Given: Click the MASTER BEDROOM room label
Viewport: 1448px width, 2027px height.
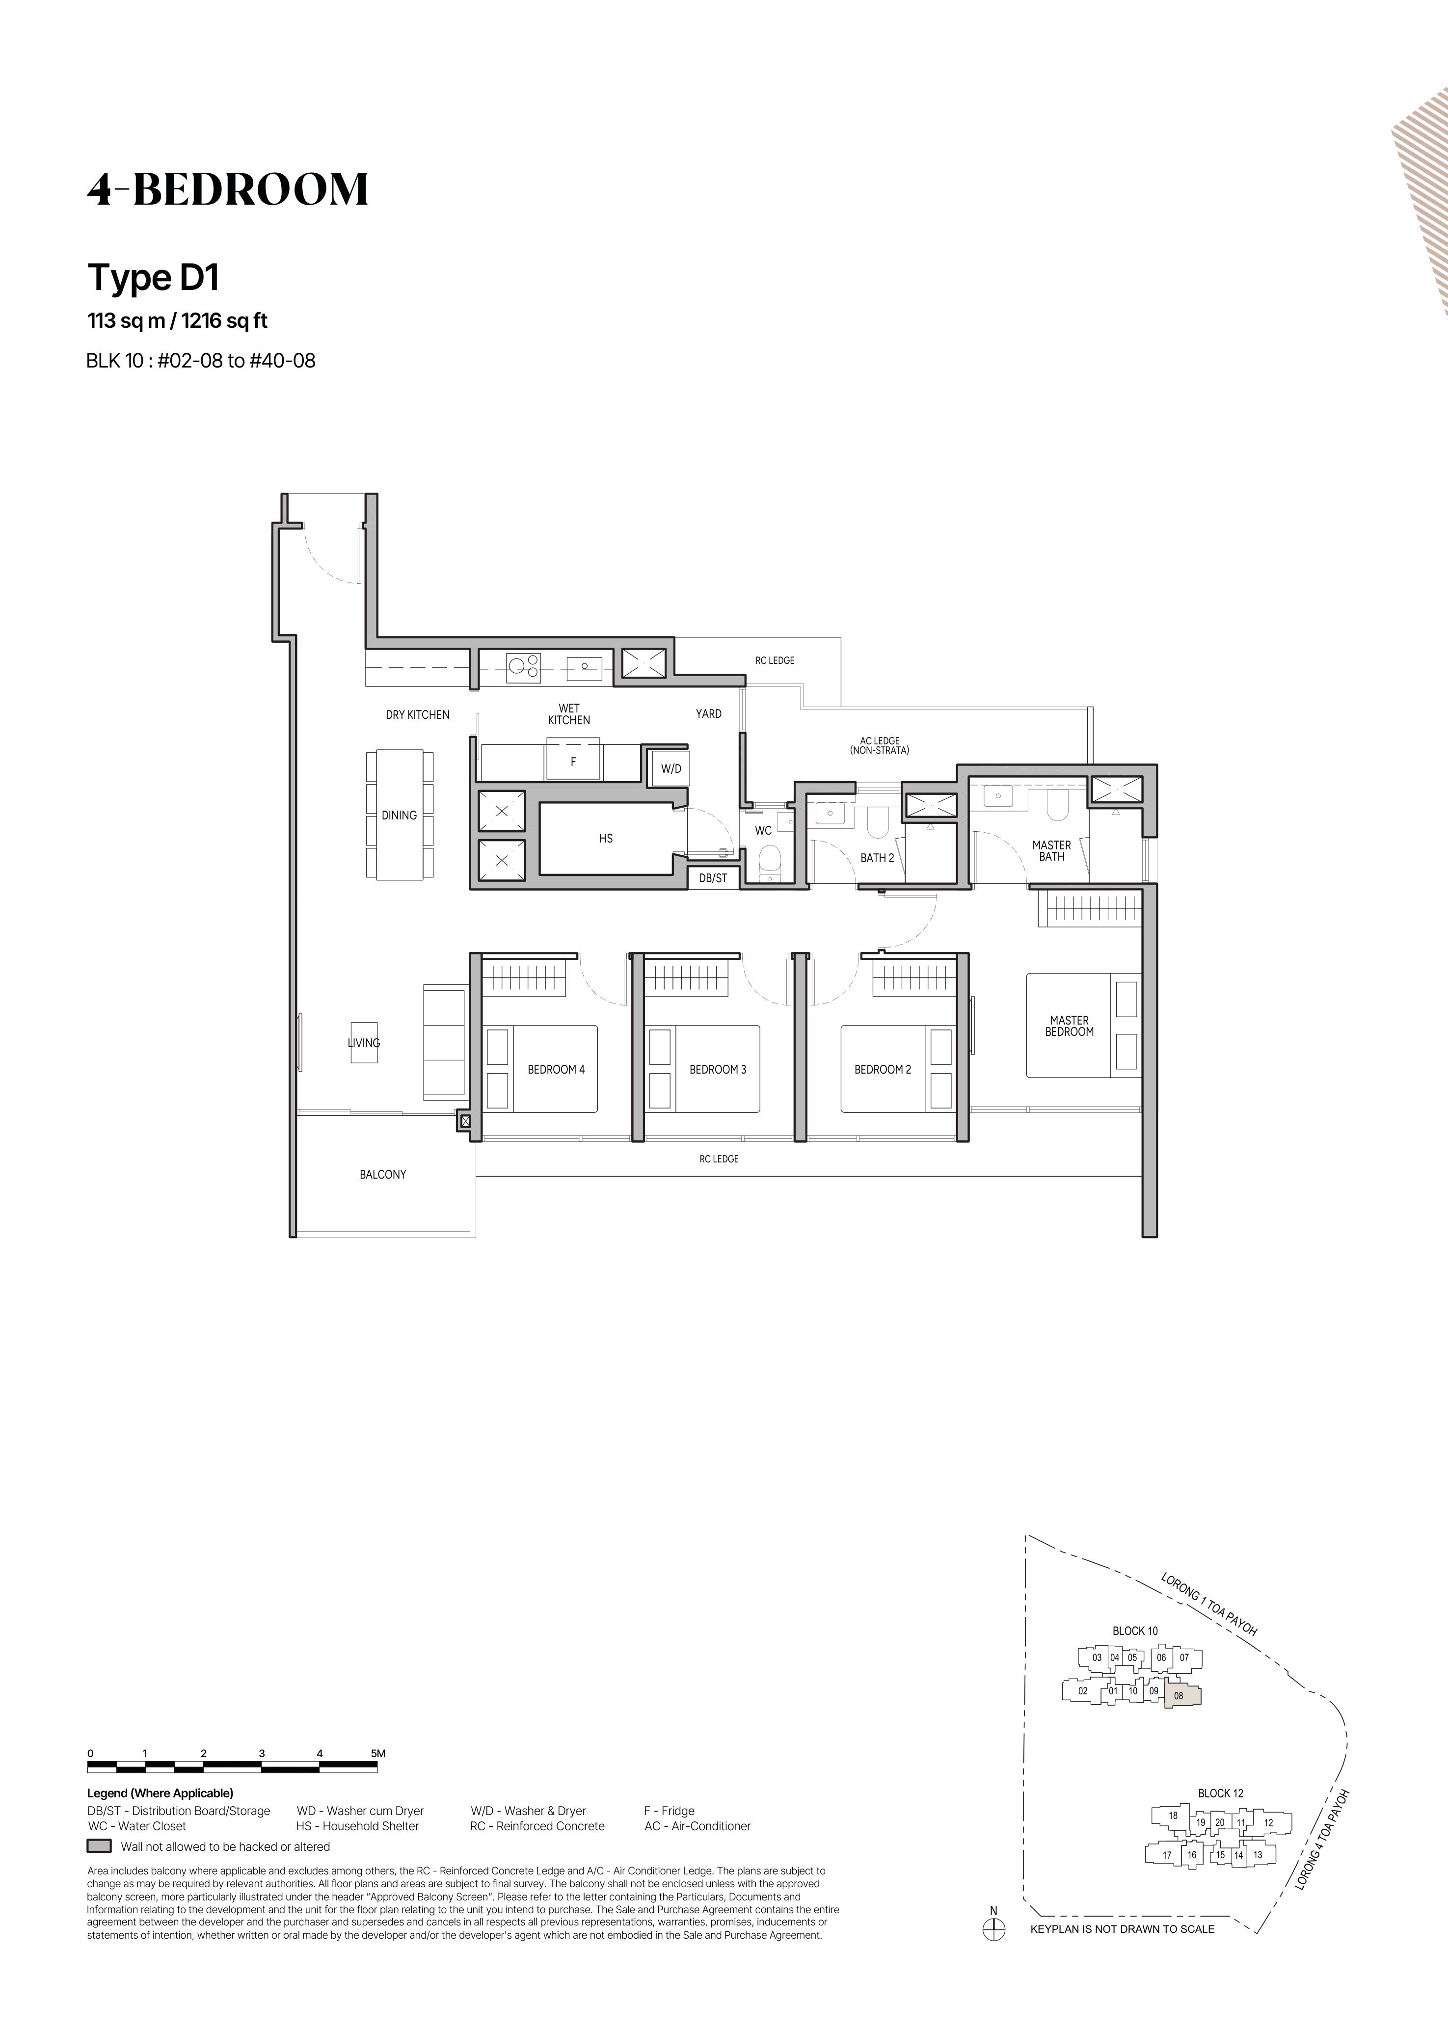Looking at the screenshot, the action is point(1069,1026).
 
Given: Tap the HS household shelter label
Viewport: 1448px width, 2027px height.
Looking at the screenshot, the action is point(606,839).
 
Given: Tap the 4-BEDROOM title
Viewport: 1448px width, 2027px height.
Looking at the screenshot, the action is point(227,189).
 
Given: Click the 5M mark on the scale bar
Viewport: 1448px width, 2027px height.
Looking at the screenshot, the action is point(378,1753).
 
